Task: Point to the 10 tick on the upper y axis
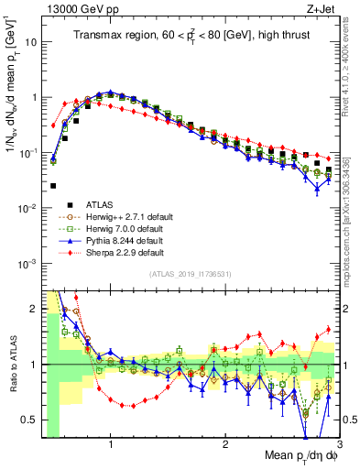pos(29,42)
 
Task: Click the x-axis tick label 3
pos(339,446)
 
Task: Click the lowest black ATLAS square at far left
pos(53,186)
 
